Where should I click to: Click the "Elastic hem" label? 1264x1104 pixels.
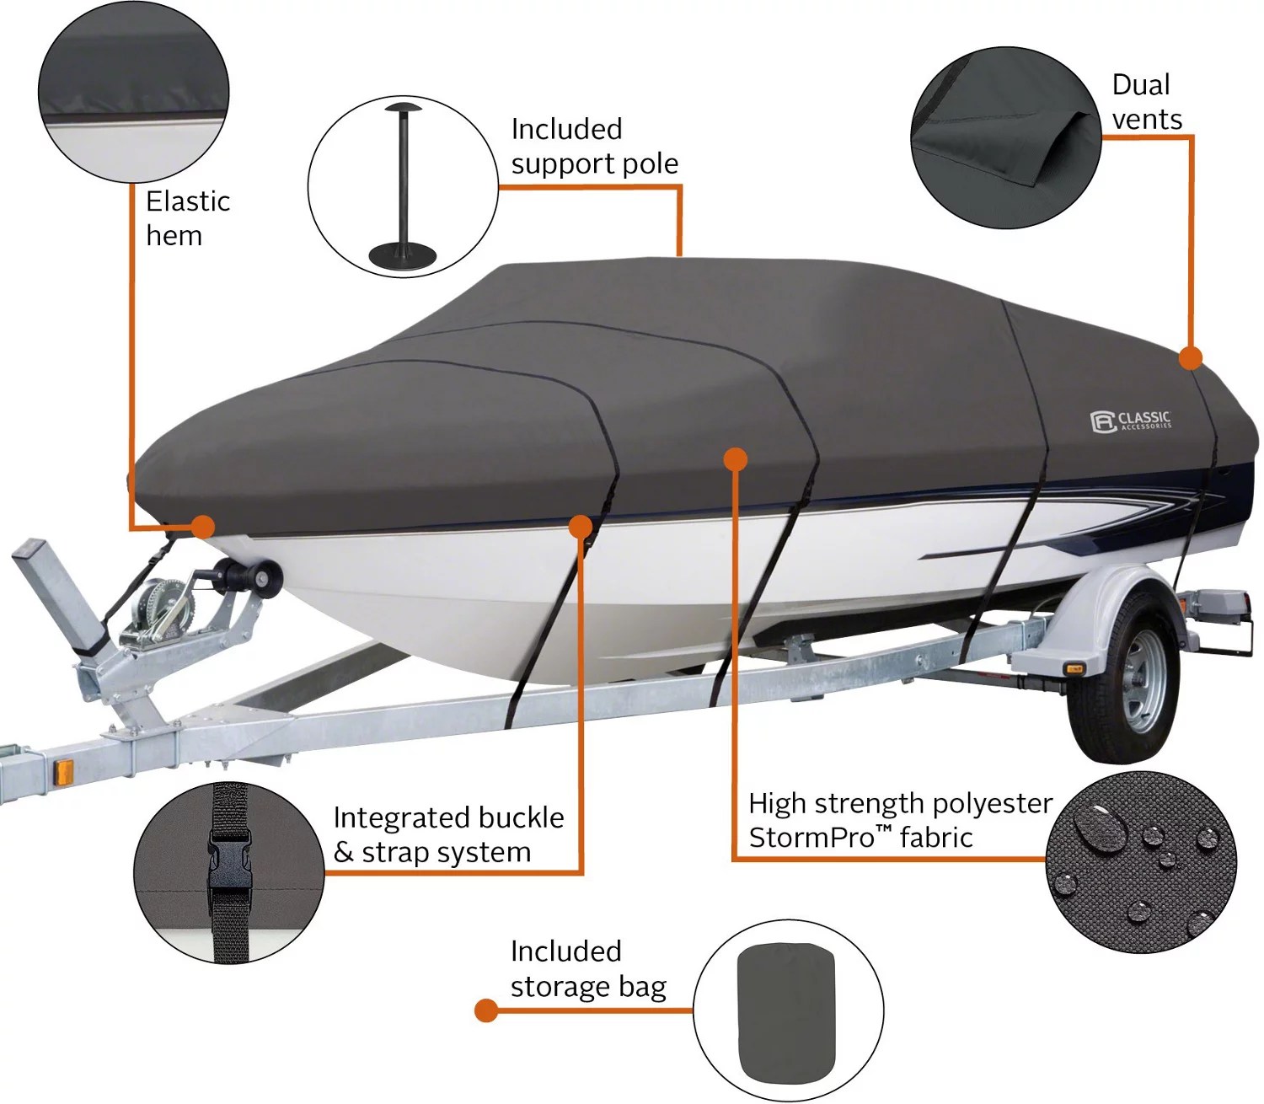point(187,218)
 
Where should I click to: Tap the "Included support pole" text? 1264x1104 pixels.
point(594,146)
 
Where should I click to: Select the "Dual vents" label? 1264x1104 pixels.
point(1146,102)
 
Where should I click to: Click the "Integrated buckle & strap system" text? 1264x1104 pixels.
point(447,834)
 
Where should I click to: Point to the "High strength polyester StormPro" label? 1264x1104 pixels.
point(899,820)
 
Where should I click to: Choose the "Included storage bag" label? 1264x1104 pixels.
point(587,968)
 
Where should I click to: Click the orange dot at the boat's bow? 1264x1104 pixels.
point(202,528)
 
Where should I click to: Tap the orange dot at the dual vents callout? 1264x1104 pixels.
point(1190,358)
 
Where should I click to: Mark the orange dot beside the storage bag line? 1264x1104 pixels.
point(486,1010)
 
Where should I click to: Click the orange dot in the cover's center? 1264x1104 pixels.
point(736,458)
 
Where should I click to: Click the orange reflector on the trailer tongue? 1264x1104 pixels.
point(63,769)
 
